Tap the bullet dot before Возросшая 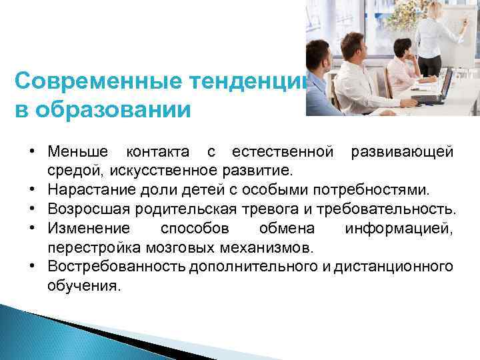tap(33, 210)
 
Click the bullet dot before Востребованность tap(33, 267)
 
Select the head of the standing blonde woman tap(436, 10)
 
